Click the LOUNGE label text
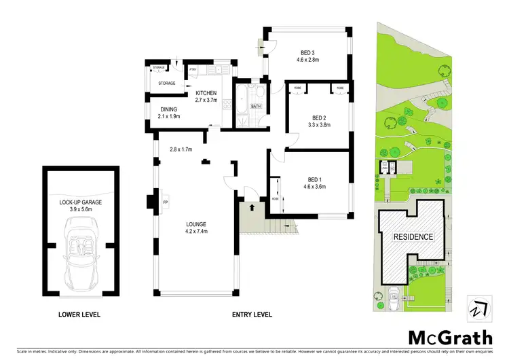pyautogui.click(x=197, y=223)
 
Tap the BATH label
pyautogui.click(x=255, y=107)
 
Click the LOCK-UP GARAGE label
pyautogui.click(x=80, y=202)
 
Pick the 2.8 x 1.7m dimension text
pyautogui.click(x=181, y=149)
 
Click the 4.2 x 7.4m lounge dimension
pyautogui.click(x=197, y=231)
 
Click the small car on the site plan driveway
pyautogui.click(x=394, y=293)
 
